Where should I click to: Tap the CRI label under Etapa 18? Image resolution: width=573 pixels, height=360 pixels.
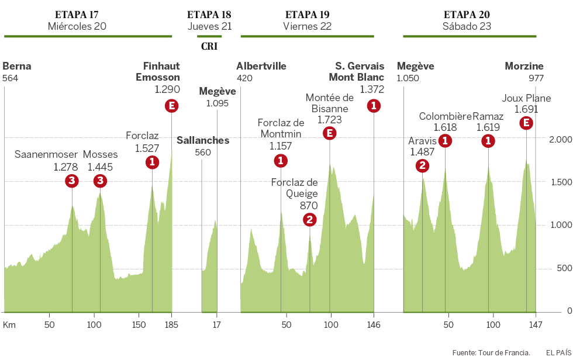(x=209, y=46)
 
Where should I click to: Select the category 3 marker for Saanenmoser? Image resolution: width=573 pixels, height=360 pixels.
(x=71, y=181)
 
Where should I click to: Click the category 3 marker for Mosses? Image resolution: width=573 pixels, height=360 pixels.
(x=100, y=181)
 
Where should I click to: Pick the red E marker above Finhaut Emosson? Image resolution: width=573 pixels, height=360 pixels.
(x=171, y=106)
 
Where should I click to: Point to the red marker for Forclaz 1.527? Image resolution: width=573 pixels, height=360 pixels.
(x=152, y=162)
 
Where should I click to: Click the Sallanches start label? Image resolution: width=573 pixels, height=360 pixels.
(x=203, y=140)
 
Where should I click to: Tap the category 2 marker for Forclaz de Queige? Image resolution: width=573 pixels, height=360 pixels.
(x=310, y=220)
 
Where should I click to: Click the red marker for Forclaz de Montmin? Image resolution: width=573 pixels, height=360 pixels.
(x=281, y=161)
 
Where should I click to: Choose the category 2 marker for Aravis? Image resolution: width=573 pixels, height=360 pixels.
(x=422, y=166)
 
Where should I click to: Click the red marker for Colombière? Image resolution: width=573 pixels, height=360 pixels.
(x=445, y=141)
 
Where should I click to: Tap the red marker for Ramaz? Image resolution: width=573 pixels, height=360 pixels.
(x=488, y=141)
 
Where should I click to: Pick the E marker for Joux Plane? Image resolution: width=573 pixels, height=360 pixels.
(x=526, y=123)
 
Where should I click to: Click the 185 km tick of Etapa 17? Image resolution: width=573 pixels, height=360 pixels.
(x=171, y=324)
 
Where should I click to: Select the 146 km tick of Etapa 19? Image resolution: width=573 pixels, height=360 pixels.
(x=374, y=324)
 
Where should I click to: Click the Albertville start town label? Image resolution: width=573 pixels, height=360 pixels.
(x=261, y=66)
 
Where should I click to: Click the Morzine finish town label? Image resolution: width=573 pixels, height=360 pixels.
(x=524, y=66)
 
